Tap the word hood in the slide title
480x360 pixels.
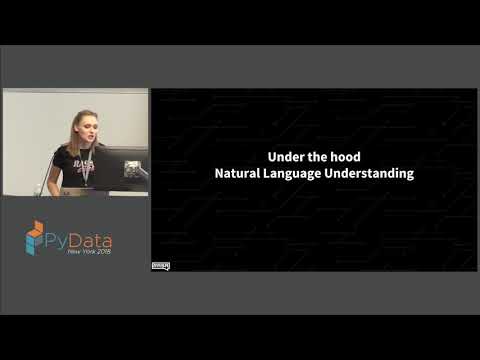point(345,157)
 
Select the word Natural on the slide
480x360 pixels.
point(240,173)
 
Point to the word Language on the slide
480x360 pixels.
point(301,174)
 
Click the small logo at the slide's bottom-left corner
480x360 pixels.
point(160,265)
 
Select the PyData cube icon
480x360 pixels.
point(35,241)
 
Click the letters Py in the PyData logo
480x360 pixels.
point(58,241)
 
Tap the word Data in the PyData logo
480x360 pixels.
point(91,241)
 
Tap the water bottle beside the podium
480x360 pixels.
point(44,180)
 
